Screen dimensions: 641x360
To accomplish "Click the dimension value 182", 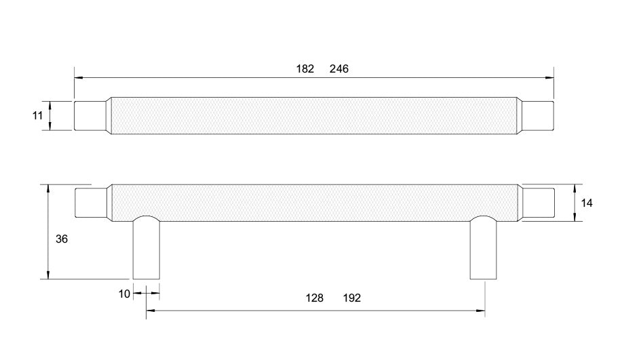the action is point(305,68).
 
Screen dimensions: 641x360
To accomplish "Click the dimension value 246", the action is point(339,68).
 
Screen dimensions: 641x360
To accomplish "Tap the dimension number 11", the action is point(37,116).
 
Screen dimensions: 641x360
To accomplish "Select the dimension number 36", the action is point(61,239).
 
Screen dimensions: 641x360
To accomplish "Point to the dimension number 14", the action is point(587,203).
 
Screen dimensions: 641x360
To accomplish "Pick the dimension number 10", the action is point(124,294).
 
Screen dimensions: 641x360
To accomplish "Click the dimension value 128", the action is point(314,298).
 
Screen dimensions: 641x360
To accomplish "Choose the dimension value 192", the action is point(352,298).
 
